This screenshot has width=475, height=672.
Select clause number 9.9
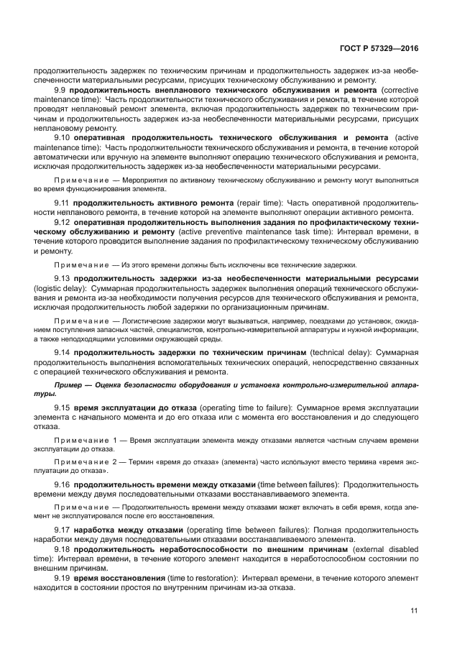(x=62, y=89)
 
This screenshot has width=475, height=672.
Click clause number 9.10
(x=63, y=137)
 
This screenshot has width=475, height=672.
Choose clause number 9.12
(x=63, y=222)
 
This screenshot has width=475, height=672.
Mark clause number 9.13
(x=63, y=278)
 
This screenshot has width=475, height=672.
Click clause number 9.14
(x=63, y=353)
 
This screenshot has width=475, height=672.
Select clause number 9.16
(x=63, y=484)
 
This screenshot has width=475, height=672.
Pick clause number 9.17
(x=63, y=530)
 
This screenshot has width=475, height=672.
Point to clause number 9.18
(x=63, y=549)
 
